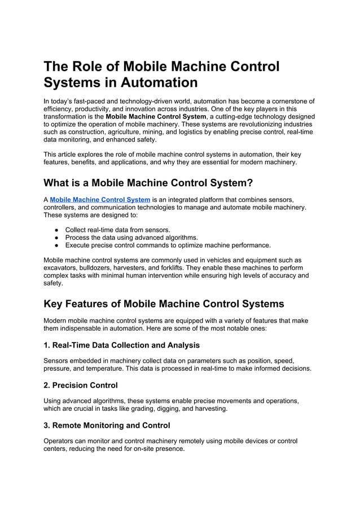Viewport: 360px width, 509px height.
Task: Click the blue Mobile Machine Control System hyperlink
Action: (x=100, y=199)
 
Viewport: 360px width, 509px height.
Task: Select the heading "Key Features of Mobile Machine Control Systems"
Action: (x=164, y=304)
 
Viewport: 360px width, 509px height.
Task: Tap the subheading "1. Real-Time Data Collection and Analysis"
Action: (x=121, y=345)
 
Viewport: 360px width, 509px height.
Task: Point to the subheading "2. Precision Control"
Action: (x=81, y=385)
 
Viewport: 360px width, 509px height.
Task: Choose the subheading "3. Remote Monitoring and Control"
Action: (x=107, y=425)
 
